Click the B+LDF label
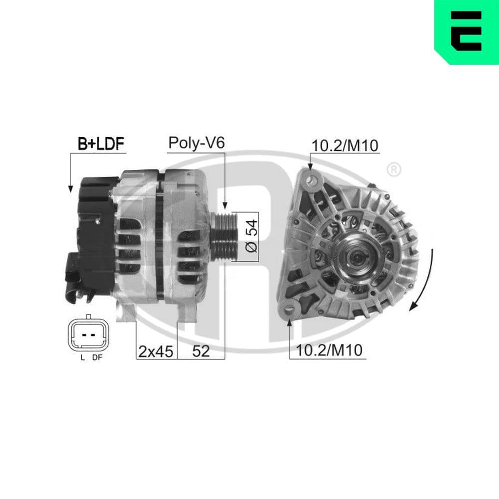[x=101, y=144]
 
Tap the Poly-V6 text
[x=197, y=143]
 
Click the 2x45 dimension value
[x=156, y=352]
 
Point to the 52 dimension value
[x=201, y=352]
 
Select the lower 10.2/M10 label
[x=329, y=351]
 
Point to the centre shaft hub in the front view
[x=356, y=256]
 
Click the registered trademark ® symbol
[x=393, y=170]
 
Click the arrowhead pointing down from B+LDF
[x=70, y=189]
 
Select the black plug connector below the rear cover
[x=74, y=277]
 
